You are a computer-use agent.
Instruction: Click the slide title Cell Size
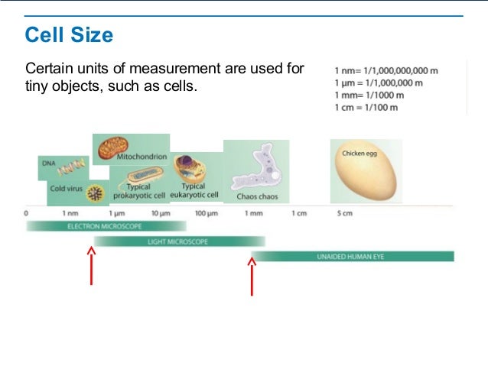click(x=69, y=35)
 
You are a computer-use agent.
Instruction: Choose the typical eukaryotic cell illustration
click(x=187, y=168)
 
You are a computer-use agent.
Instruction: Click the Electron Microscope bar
click(x=106, y=226)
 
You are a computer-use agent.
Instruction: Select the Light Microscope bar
click(x=180, y=241)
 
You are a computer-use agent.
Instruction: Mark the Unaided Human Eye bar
click(x=352, y=257)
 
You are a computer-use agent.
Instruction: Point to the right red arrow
click(x=252, y=275)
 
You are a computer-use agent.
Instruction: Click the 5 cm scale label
click(x=345, y=213)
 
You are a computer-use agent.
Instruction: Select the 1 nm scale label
click(x=70, y=213)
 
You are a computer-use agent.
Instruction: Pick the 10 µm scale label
click(x=160, y=213)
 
